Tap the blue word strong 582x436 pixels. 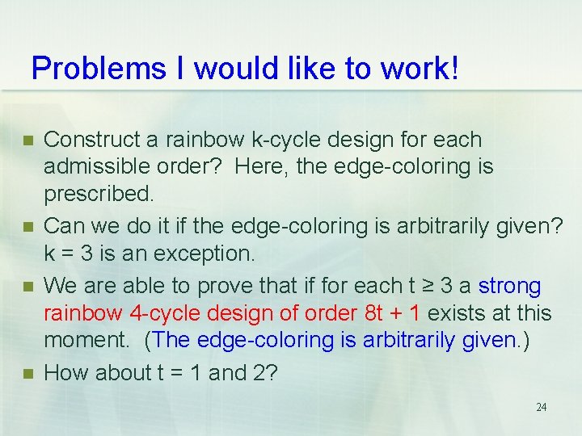(x=510, y=286)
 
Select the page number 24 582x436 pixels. (x=541, y=407)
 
